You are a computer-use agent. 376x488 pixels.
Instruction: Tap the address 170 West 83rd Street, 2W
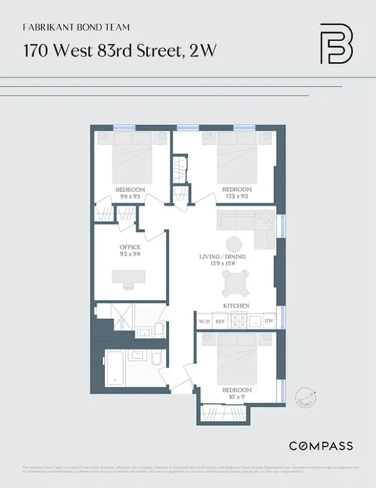point(120,51)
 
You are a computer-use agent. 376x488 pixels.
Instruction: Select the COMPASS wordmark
point(320,446)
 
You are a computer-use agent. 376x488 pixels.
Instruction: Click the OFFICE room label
point(130,247)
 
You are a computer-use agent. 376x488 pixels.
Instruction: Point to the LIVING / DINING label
point(222,257)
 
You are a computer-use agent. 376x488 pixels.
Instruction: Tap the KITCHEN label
point(236,306)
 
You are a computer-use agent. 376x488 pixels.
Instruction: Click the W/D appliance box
point(204,321)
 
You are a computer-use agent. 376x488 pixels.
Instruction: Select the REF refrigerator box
point(220,321)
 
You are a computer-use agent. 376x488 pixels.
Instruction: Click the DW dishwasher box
point(269,321)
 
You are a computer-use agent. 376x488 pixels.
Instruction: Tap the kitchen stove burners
point(239,321)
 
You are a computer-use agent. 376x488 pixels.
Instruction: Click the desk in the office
point(128,277)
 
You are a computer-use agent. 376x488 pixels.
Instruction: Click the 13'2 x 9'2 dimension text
point(237,196)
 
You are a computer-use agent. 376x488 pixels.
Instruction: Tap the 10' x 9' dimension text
point(237,396)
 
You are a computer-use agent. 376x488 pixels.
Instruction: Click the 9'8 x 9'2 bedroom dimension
point(130,196)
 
